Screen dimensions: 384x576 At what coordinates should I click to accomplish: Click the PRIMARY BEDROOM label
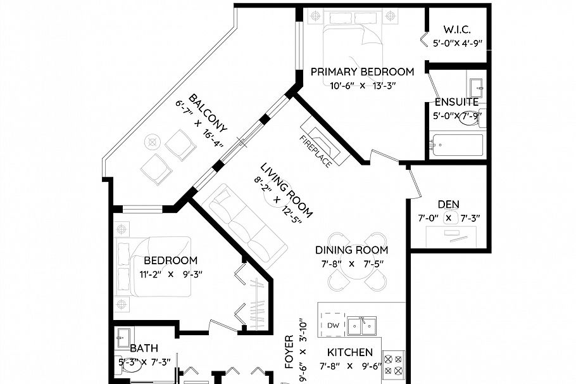pos(362,72)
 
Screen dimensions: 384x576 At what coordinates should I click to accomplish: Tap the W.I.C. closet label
pos(457,30)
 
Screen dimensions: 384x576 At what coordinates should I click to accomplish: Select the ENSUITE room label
pos(456,102)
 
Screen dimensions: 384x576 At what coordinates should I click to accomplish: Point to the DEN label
pos(449,204)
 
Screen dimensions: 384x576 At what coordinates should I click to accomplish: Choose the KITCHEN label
pos(349,352)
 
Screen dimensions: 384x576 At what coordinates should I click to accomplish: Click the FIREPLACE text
pos(315,151)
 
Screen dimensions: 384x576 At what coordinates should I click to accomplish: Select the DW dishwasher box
pos(334,326)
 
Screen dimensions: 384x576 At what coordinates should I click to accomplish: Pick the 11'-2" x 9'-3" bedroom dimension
pos(170,275)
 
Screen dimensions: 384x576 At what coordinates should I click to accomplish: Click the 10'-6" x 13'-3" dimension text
pos(362,86)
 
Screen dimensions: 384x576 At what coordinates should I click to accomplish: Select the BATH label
pos(144,348)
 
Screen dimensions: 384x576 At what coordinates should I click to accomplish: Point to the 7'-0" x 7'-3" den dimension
pos(449,219)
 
